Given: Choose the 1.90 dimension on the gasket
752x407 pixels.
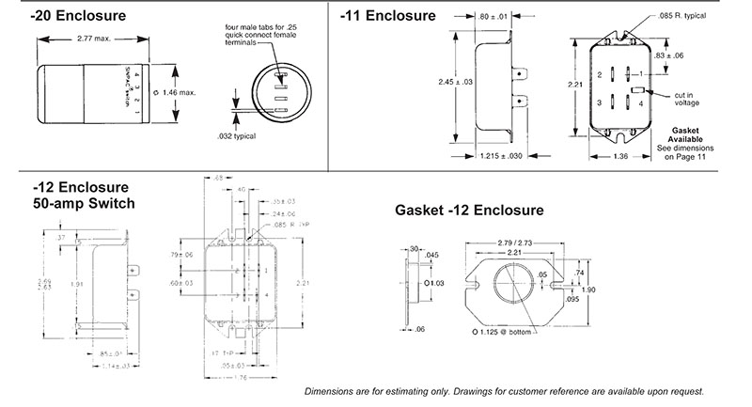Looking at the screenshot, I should click(615, 289).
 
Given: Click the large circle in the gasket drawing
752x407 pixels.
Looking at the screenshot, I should click(514, 282).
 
